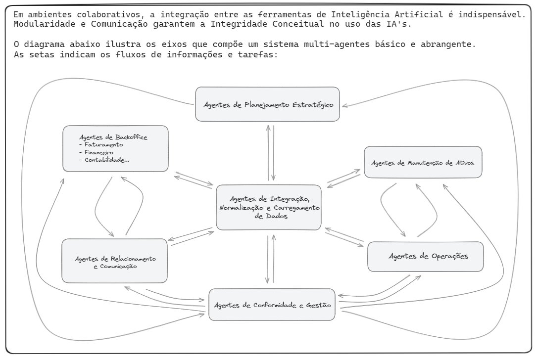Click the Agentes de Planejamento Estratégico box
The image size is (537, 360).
click(x=267, y=104)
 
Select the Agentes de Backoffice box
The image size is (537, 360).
click(x=115, y=148)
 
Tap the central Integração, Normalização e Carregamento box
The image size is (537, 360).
click(x=269, y=207)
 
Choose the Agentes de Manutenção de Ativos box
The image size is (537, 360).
click(x=423, y=162)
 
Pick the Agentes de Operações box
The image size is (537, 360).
click(x=425, y=256)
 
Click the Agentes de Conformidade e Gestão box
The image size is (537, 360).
click(x=272, y=305)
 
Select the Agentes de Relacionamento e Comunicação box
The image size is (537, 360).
click(x=115, y=261)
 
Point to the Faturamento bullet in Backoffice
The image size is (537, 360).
click(x=101, y=145)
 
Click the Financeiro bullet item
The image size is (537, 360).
click(x=96, y=152)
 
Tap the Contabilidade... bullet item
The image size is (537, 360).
click(x=104, y=160)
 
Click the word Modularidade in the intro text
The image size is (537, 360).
click(x=44, y=24)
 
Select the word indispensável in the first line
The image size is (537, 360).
click(x=492, y=14)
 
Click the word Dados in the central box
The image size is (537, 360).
click(x=276, y=216)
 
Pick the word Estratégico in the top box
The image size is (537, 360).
click(x=313, y=105)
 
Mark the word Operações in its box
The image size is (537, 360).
click(x=450, y=256)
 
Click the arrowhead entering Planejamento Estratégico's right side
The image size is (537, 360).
click(x=344, y=106)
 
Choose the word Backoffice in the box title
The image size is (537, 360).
click(x=131, y=137)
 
